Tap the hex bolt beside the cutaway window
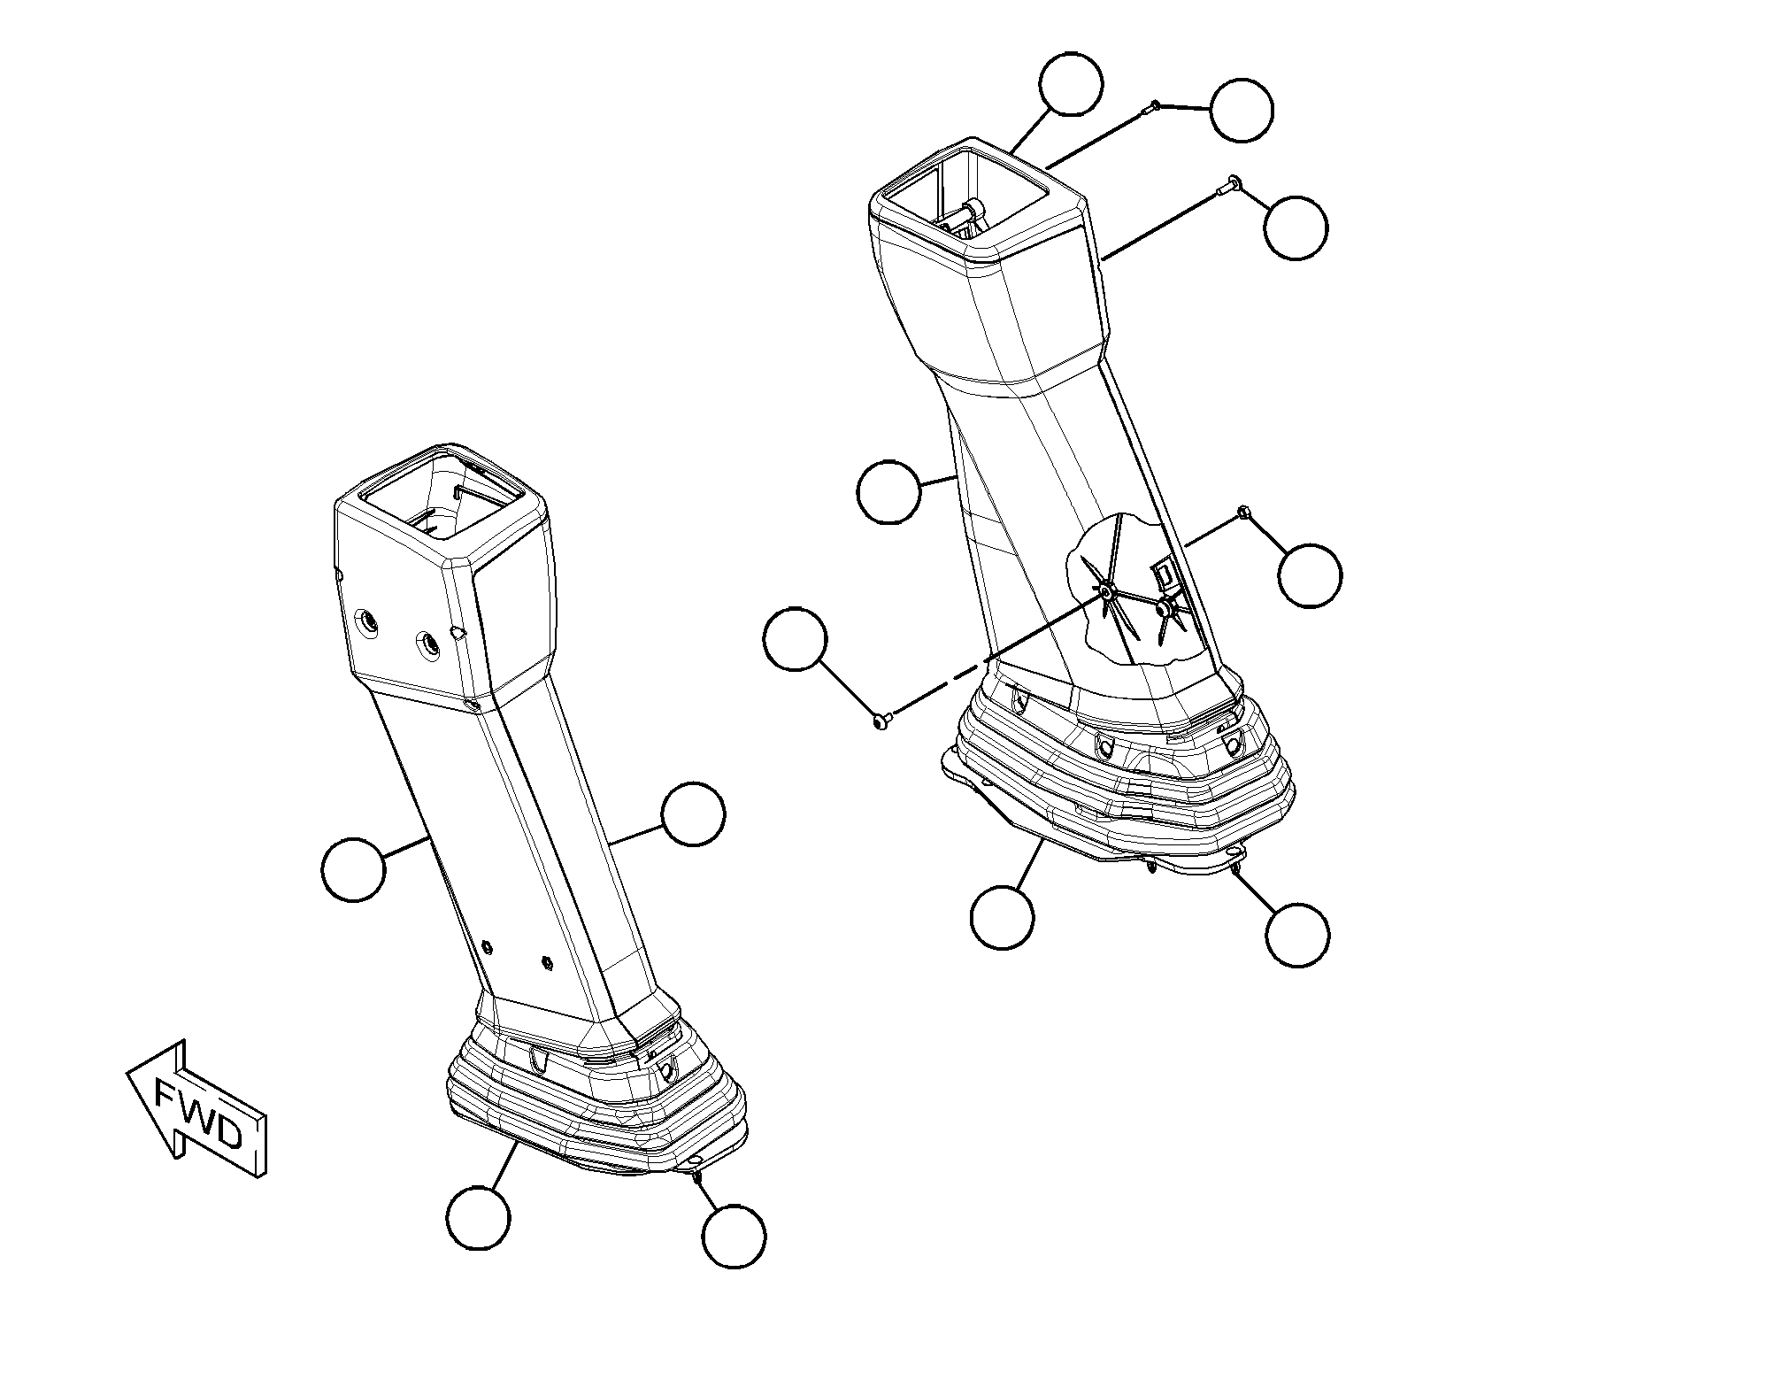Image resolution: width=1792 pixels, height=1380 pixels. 1244,511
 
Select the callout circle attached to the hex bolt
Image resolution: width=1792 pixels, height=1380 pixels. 1311,575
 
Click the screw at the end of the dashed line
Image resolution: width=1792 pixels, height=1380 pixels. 881,722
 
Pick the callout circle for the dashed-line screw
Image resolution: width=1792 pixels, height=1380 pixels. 795,639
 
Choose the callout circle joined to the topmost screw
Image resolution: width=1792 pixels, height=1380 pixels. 1242,110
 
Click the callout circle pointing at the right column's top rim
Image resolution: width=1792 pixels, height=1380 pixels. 1071,83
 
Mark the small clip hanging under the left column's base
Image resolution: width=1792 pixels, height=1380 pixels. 697,1177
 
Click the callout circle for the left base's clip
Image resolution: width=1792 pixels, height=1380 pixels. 734,1236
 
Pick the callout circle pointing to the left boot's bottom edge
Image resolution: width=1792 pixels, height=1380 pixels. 479,1217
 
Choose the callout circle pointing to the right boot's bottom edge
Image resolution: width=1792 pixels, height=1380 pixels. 1003,916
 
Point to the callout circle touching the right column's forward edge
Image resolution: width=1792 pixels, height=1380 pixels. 889,491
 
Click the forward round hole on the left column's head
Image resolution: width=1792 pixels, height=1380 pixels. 364,624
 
